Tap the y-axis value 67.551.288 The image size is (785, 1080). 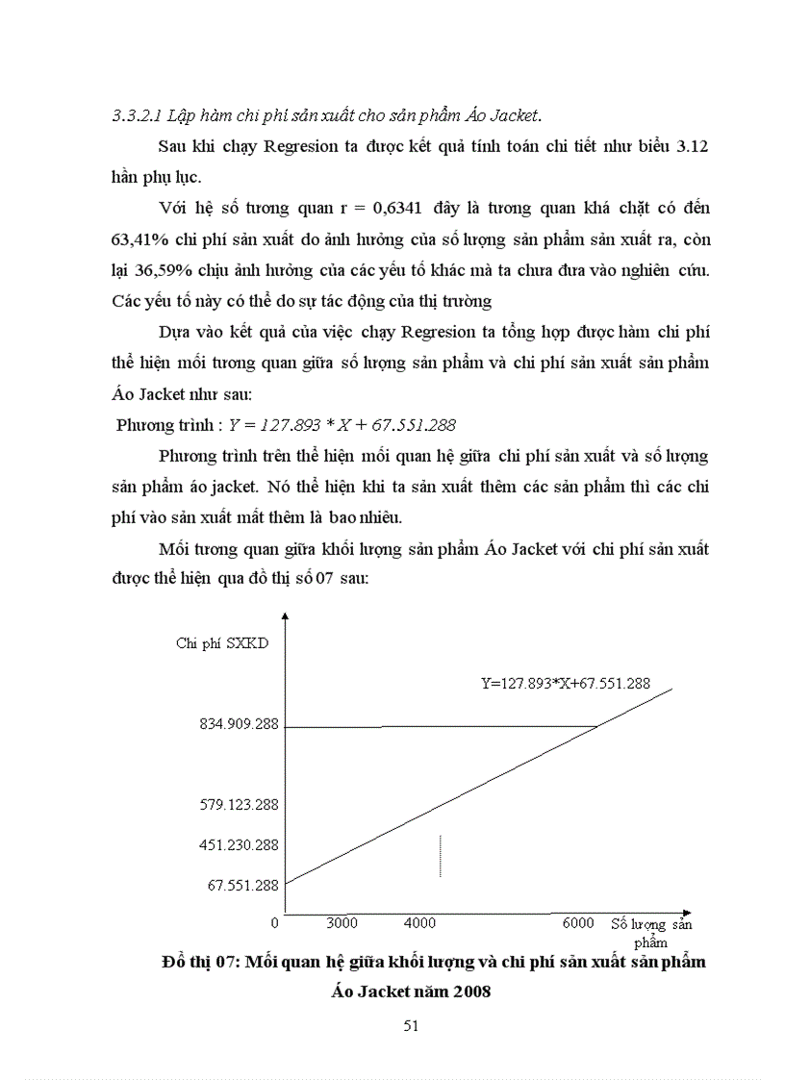(x=243, y=885)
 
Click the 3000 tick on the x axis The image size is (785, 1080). (x=342, y=923)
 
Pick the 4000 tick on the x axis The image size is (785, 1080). (x=419, y=923)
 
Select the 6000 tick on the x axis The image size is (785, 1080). (x=578, y=923)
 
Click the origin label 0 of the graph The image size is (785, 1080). (x=275, y=923)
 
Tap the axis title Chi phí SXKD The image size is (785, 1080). (x=222, y=643)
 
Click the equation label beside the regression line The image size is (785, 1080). (x=566, y=684)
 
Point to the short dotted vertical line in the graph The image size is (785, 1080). (x=441, y=855)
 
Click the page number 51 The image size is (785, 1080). (x=411, y=1025)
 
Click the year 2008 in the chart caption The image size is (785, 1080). (x=471, y=992)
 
